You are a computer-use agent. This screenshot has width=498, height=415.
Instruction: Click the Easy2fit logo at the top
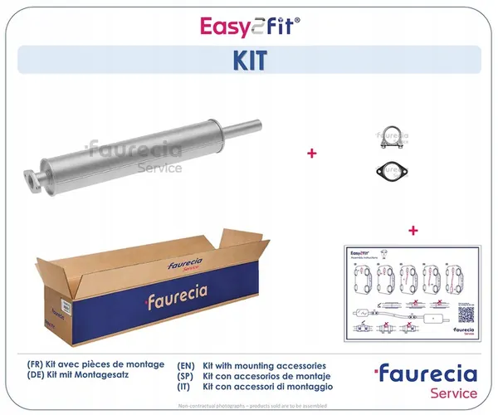click(x=249, y=27)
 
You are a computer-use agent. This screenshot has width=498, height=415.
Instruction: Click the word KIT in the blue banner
click(x=249, y=61)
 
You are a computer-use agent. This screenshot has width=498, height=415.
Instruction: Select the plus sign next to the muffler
click(x=312, y=154)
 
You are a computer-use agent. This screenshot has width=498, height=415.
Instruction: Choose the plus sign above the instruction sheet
click(x=413, y=229)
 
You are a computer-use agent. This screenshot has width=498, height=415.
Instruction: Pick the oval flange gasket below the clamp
click(x=388, y=171)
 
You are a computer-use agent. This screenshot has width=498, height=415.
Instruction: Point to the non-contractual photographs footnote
click(x=249, y=407)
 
